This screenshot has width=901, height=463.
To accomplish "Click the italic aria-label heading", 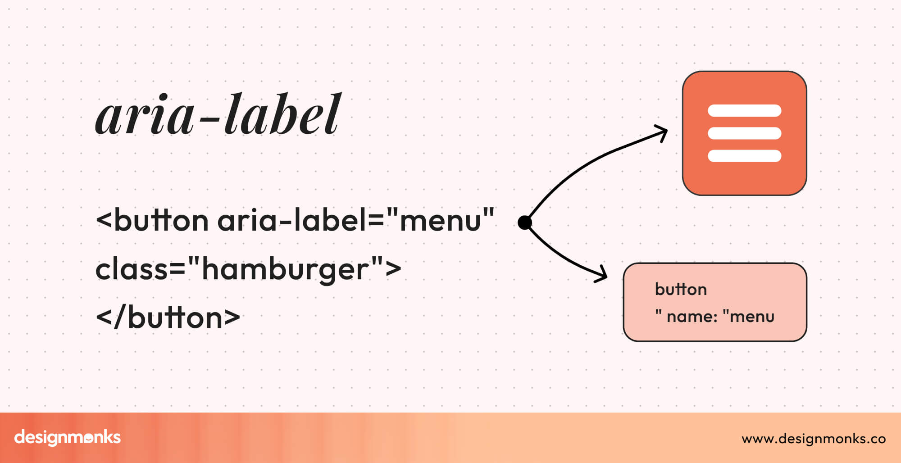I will point(218,115).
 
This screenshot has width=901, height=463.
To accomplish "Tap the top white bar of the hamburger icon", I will point(744,111).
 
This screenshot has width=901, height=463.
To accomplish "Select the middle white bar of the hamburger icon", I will point(744,133).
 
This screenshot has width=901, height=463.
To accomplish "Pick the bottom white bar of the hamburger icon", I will point(744,156).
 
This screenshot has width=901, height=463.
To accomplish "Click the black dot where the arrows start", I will point(525,222).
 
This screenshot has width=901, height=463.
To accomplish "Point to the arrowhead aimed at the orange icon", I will point(662,133).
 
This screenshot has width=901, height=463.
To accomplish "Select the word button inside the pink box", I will point(681,290).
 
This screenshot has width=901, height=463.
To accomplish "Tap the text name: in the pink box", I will point(692,317).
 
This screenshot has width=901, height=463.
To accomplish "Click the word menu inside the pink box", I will point(752,317).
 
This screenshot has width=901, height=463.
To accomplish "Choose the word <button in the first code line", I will point(152,221).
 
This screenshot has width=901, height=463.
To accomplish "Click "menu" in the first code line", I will point(440,221).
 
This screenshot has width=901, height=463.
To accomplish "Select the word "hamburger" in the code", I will point(285,269).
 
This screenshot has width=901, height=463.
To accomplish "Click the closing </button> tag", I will point(168,318).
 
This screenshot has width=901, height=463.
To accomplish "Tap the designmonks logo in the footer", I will point(68,437).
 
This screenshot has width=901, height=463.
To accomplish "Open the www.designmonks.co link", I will point(814,439).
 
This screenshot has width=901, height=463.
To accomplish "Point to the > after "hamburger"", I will point(393,269).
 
